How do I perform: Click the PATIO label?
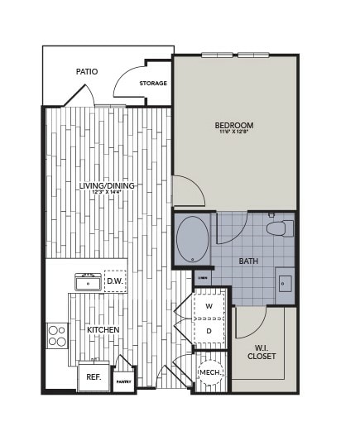tap(87, 72)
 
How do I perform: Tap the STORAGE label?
tap(153, 84)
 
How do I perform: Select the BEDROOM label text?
tap(234, 125)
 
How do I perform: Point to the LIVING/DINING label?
tap(107, 185)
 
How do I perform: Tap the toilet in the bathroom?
tap(278, 228)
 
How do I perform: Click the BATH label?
tap(248, 261)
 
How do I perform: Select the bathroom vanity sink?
tap(284, 285)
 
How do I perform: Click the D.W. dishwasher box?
tap(115, 281)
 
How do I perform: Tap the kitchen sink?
tap(88, 283)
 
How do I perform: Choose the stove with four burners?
tap(57, 335)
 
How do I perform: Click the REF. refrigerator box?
tap(94, 377)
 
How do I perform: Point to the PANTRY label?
tap(123, 381)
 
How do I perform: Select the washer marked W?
tap(209, 306)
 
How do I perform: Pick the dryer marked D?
tap(209, 331)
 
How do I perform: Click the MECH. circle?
tap(209, 372)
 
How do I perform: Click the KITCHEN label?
tap(103, 330)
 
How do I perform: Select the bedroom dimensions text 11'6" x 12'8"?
tap(234, 132)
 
